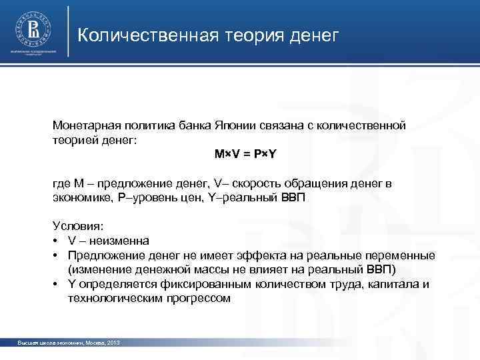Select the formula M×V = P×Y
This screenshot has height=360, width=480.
(245, 154)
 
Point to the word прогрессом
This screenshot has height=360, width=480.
(199, 299)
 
